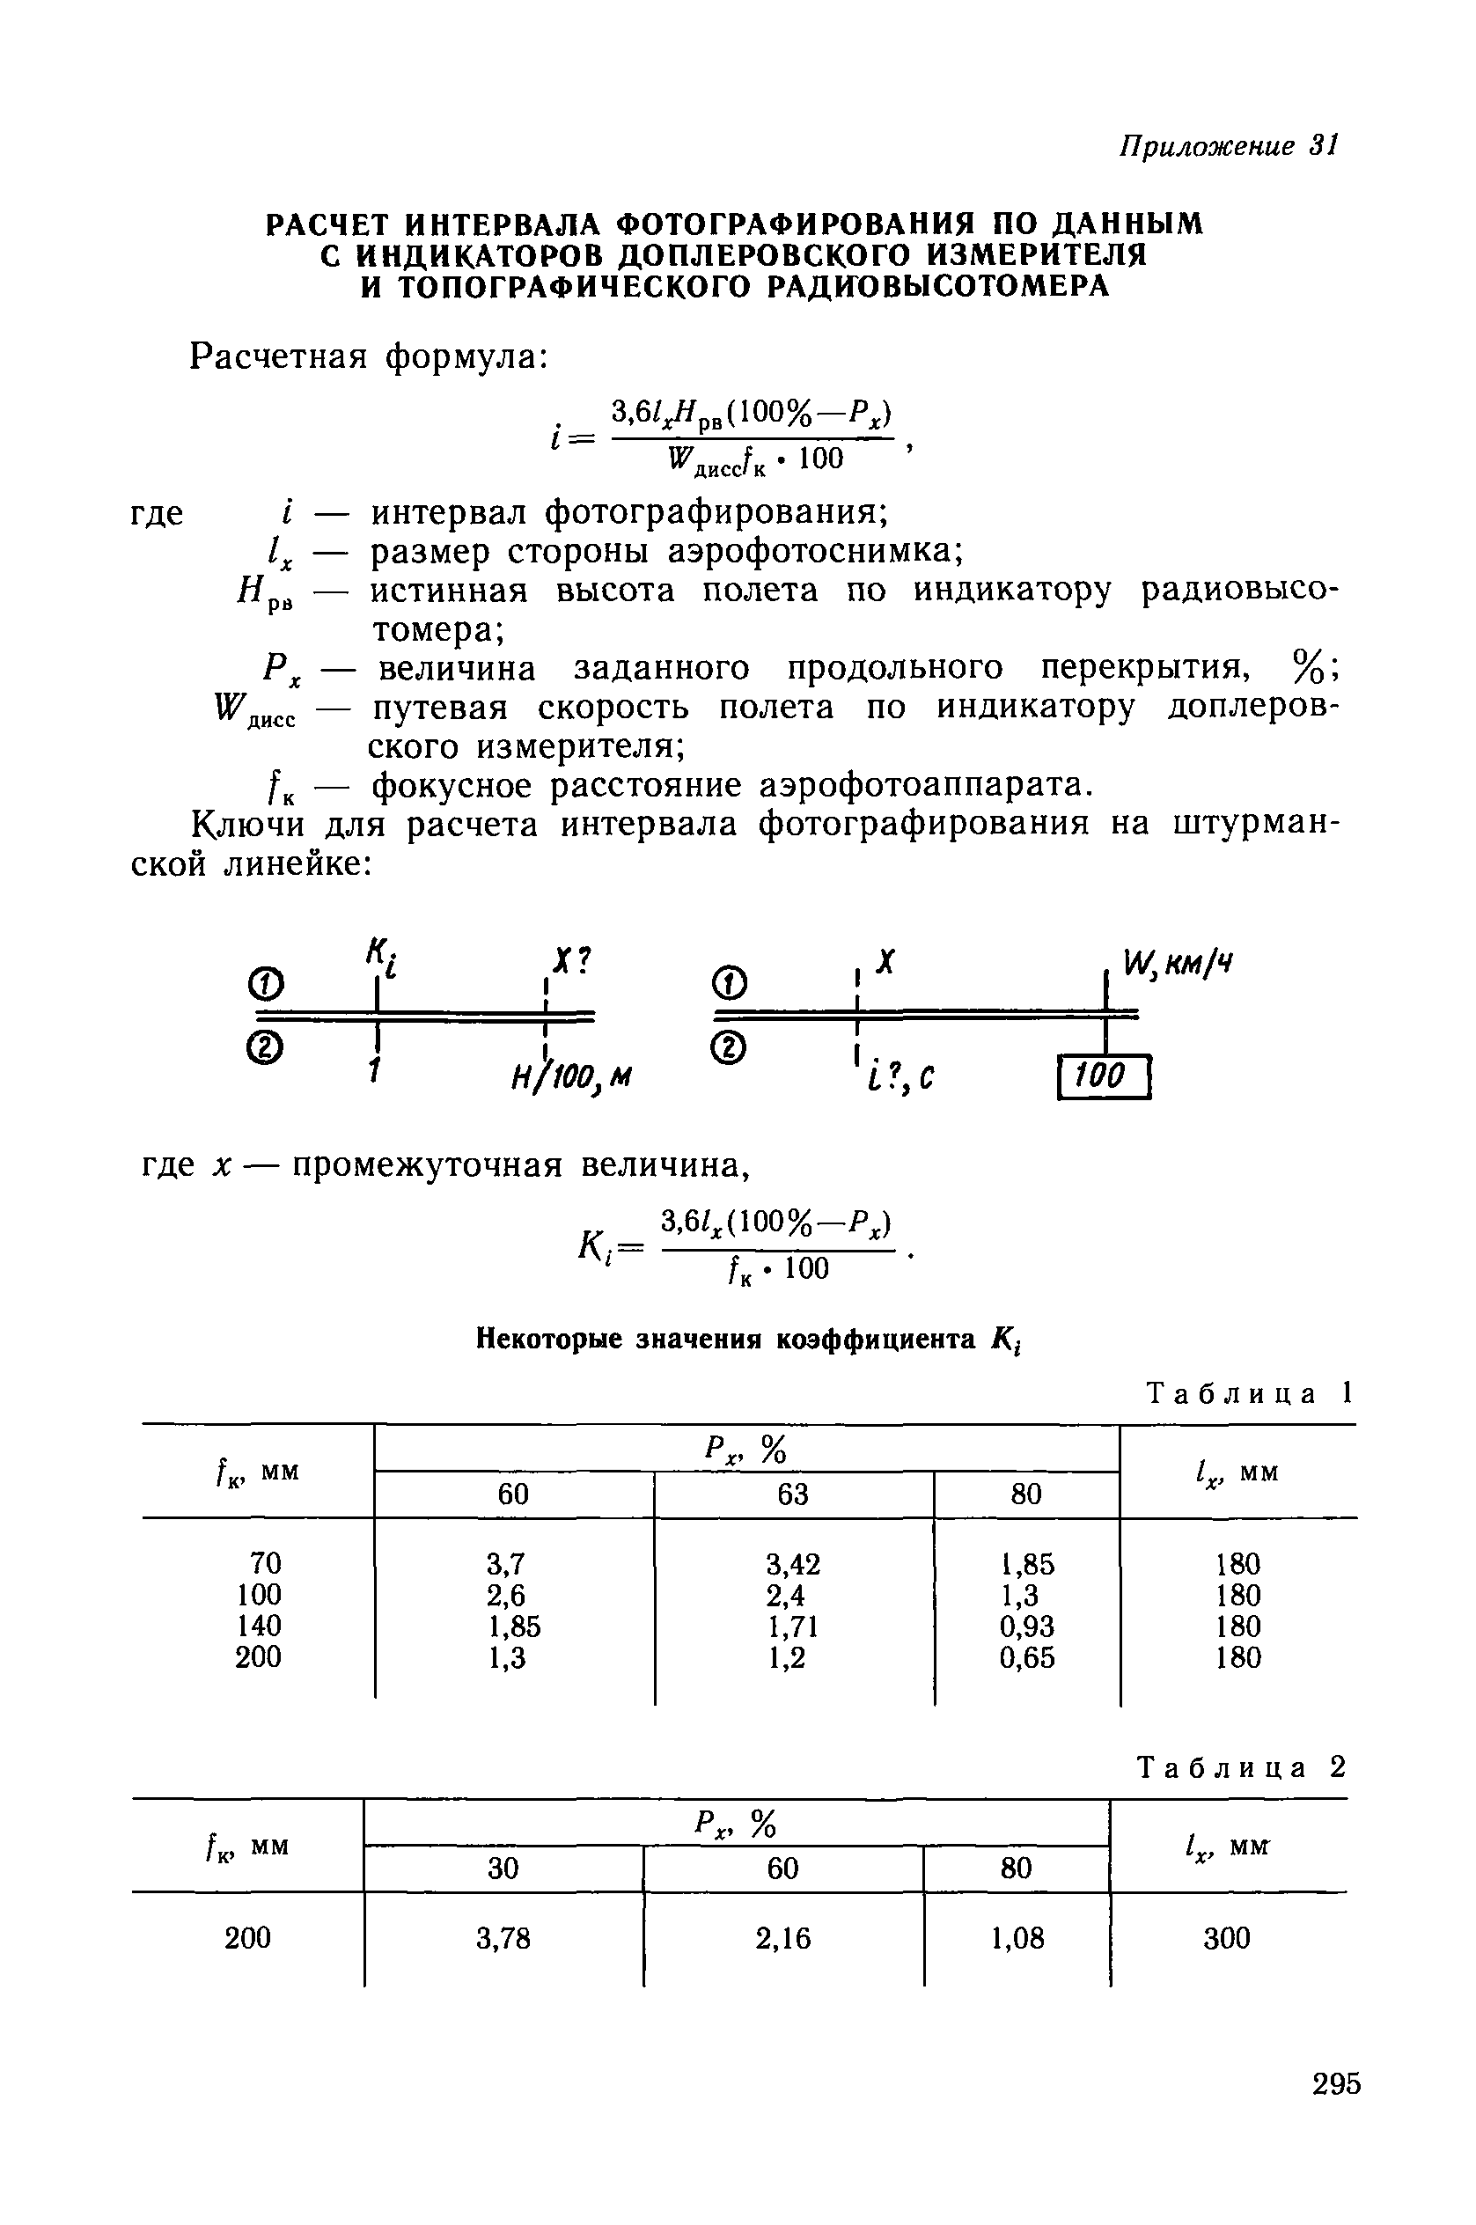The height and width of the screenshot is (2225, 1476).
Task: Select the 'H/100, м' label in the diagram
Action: tap(570, 1076)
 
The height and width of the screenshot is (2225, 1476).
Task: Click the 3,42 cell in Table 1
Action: tap(793, 1564)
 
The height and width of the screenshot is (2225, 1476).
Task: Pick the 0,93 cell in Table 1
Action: tap(1027, 1627)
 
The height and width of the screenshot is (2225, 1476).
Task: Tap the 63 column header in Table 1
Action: tap(793, 1494)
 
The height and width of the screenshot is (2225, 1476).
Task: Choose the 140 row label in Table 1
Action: tap(259, 1627)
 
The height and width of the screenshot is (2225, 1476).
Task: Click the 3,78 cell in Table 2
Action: tap(503, 1938)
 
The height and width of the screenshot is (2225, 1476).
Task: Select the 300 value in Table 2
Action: tap(1228, 1938)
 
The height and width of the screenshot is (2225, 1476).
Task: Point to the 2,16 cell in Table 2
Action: tap(782, 1938)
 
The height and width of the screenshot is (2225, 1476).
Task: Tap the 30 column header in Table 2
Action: tap(503, 1869)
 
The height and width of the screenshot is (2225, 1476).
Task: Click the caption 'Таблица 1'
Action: tap(1249, 1393)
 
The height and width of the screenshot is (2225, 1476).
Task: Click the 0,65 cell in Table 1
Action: tap(1027, 1657)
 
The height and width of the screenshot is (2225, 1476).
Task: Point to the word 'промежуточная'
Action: tap(429, 1166)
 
